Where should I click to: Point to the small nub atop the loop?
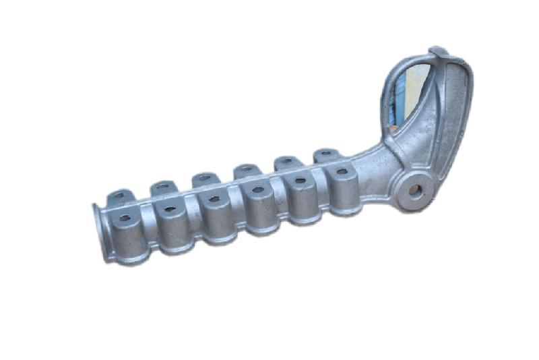point(438,51)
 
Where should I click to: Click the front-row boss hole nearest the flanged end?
point(125,218)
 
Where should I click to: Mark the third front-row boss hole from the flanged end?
point(214,200)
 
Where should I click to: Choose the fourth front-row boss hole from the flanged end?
point(257,190)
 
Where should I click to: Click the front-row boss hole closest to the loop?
point(342,172)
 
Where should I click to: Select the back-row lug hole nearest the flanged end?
point(119,196)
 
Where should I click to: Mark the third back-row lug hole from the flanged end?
point(203,178)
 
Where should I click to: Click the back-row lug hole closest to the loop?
point(325,153)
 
